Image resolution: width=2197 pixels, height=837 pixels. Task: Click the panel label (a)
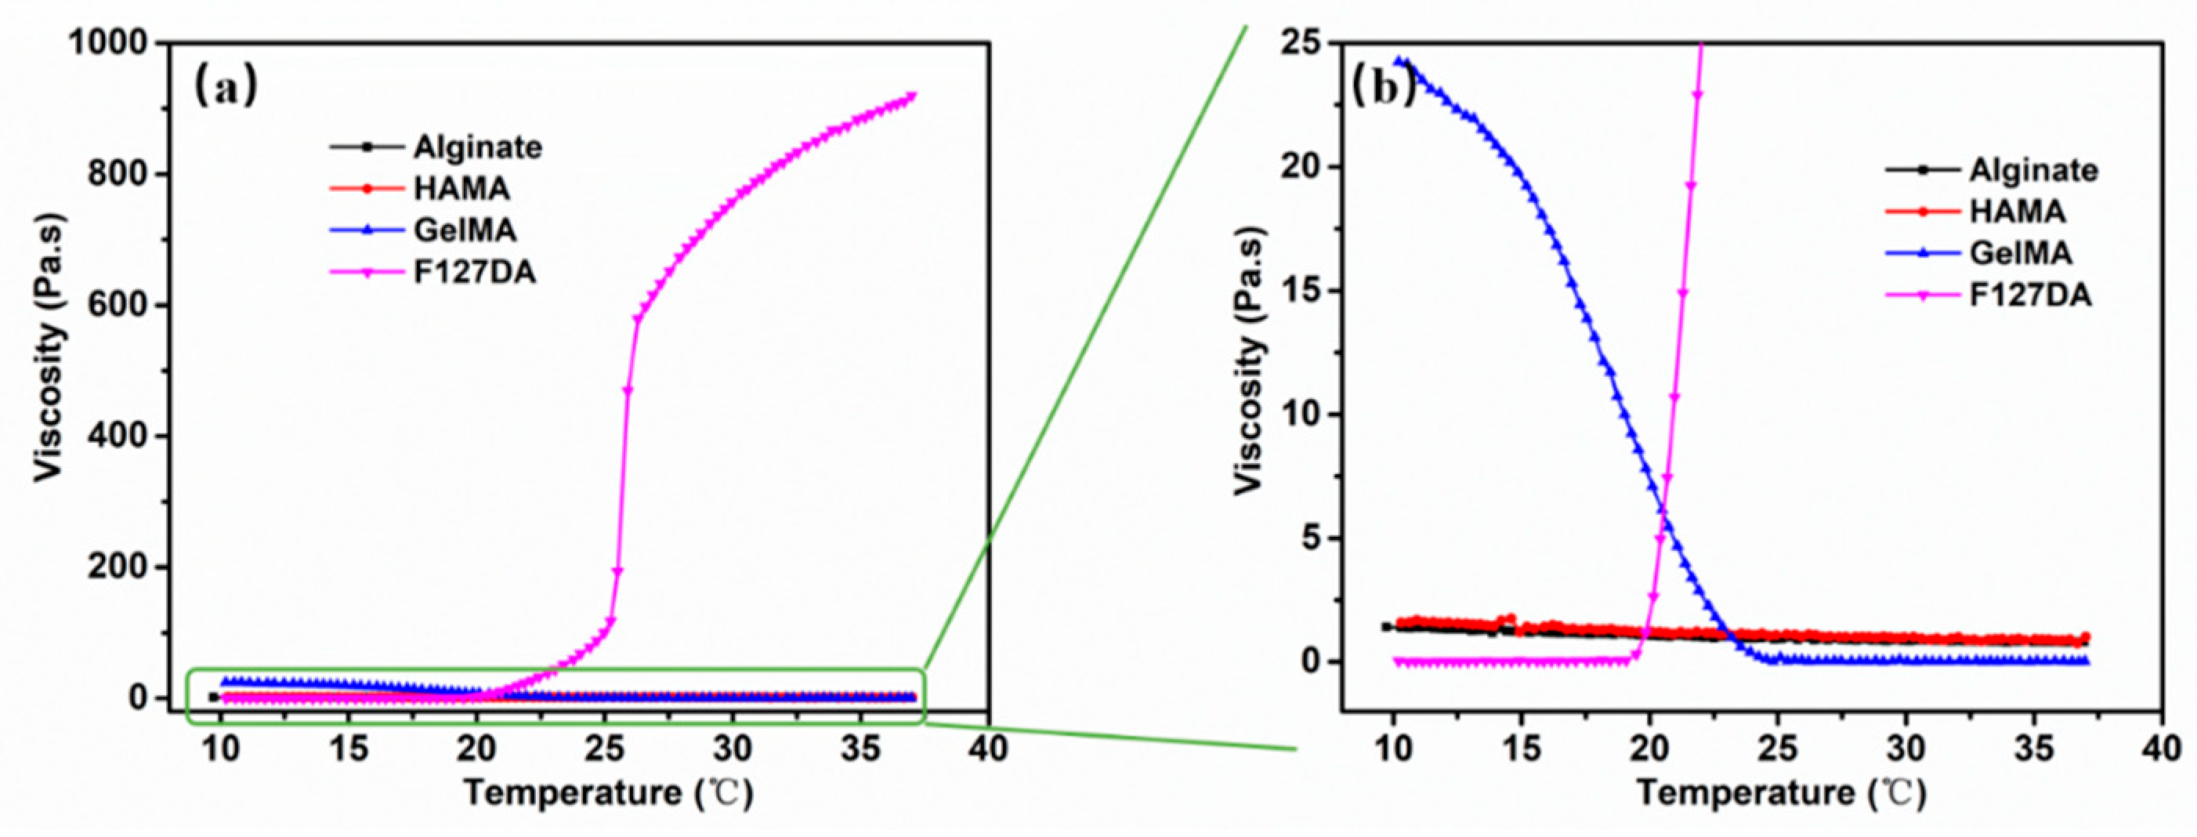click(x=226, y=86)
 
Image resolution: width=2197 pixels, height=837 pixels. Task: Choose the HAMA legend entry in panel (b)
click(x=2017, y=211)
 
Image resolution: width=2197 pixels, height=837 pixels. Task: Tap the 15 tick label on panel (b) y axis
click(x=1298, y=291)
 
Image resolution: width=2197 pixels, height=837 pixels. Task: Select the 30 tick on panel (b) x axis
click(x=1906, y=748)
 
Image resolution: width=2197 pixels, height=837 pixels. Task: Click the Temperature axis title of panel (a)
click(x=608, y=793)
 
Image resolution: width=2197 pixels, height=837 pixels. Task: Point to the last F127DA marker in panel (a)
click(x=912, y=96)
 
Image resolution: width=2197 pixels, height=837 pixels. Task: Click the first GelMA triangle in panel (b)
click(x=1399, y=60)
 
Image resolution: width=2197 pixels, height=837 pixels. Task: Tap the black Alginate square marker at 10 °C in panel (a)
click(x=214, y=697)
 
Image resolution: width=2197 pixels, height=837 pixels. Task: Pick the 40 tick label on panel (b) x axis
click(x=2161, y=748)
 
